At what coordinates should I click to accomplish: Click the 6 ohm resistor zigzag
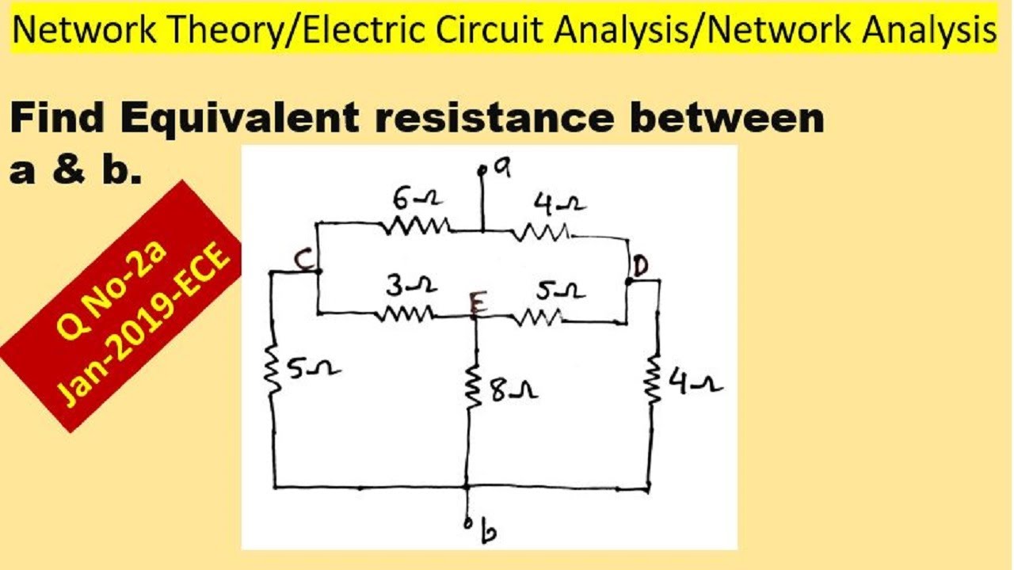[x=417, y=226]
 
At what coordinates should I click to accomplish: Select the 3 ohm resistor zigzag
[x=405, y=314]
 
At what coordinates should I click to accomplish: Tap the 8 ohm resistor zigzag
[x=474, y=387]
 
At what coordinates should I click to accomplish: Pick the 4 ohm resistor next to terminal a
[x=541, y=233]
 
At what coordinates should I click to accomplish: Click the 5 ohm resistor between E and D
[x=538, y=317]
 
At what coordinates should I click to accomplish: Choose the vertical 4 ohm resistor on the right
[x=654, y=380]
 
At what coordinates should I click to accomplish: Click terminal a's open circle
[x=482, y=171]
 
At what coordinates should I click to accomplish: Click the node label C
[x=303, y=260]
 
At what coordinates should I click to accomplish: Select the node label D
[x=641, y=267]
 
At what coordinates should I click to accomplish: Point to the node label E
[x=478, y=302]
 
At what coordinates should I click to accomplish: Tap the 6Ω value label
[x=417, y=199]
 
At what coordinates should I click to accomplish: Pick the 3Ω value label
[x=411, y=286]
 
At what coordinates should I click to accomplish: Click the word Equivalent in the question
[x=240, y=119]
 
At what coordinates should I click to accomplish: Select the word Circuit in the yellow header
[x=490, y=30]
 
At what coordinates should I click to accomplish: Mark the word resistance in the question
[x=495, y=118]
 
